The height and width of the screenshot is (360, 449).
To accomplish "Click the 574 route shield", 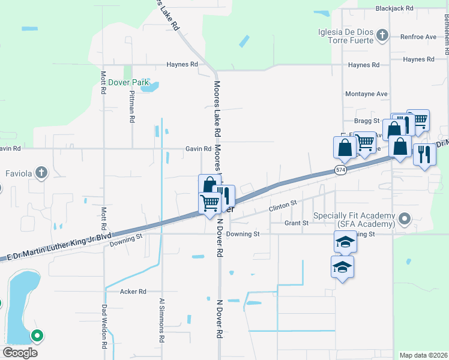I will (341, 170).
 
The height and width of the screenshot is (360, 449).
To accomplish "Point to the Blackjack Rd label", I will (394, 8).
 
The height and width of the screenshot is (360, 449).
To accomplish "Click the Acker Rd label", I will (133, 292).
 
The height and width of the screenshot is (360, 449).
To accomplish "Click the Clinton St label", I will (283, 206).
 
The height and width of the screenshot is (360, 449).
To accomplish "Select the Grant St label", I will (297, 223).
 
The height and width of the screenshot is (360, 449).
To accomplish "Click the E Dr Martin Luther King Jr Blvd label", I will (60, 245).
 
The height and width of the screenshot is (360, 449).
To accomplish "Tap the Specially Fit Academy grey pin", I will (405, 218).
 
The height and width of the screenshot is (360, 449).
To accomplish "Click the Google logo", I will (20, 352).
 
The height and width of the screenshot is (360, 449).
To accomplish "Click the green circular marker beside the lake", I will (37, 336).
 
